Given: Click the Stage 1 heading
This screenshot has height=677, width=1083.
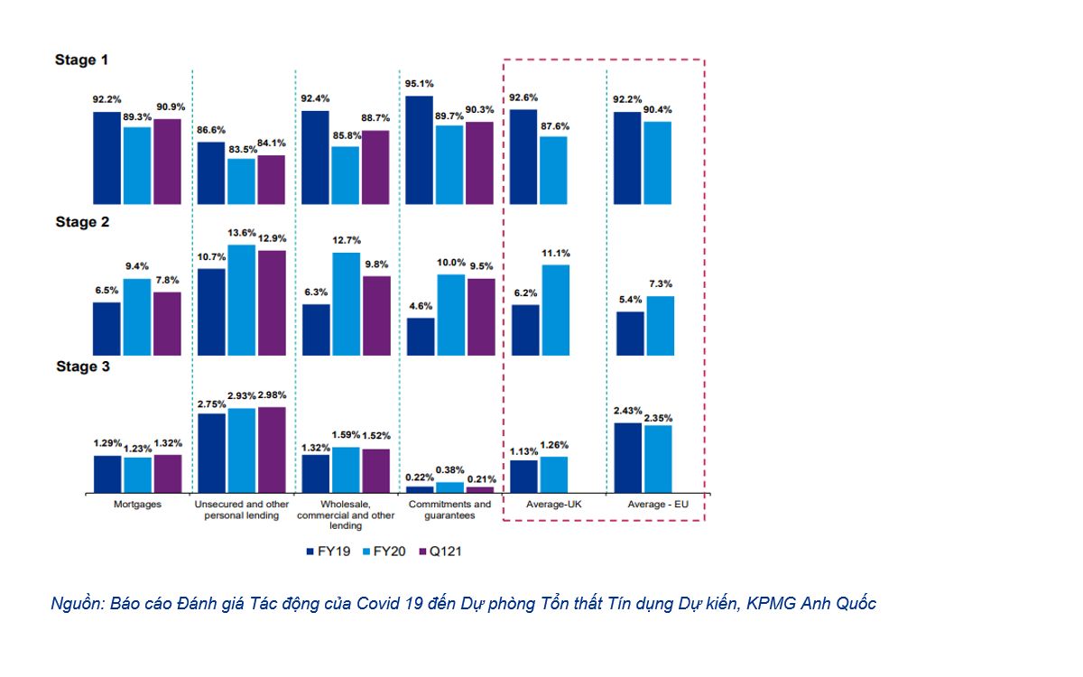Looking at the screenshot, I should pos(82,60).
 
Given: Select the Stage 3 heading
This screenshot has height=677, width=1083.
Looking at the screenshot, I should pos(82,366).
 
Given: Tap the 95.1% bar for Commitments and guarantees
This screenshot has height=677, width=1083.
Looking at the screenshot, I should pos(420,149).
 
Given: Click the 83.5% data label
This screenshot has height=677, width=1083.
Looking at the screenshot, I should pos(242,149).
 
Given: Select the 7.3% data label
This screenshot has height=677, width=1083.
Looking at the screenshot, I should pos(660,283).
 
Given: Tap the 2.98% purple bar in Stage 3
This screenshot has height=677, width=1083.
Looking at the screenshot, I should pos(271,450).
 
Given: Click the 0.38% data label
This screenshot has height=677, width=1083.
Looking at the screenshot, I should pos(449,470).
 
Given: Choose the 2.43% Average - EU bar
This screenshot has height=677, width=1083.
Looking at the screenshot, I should pos(627,457).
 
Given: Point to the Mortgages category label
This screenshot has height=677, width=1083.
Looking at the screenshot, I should pos(138,505).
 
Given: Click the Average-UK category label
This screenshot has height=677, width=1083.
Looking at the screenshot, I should pos(554,505).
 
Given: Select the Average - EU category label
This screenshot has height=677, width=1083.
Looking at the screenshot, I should pos(658,505).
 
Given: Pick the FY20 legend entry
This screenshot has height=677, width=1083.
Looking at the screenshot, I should pos(382,550).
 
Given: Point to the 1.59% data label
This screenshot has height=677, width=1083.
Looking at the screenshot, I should pos(346,435).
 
